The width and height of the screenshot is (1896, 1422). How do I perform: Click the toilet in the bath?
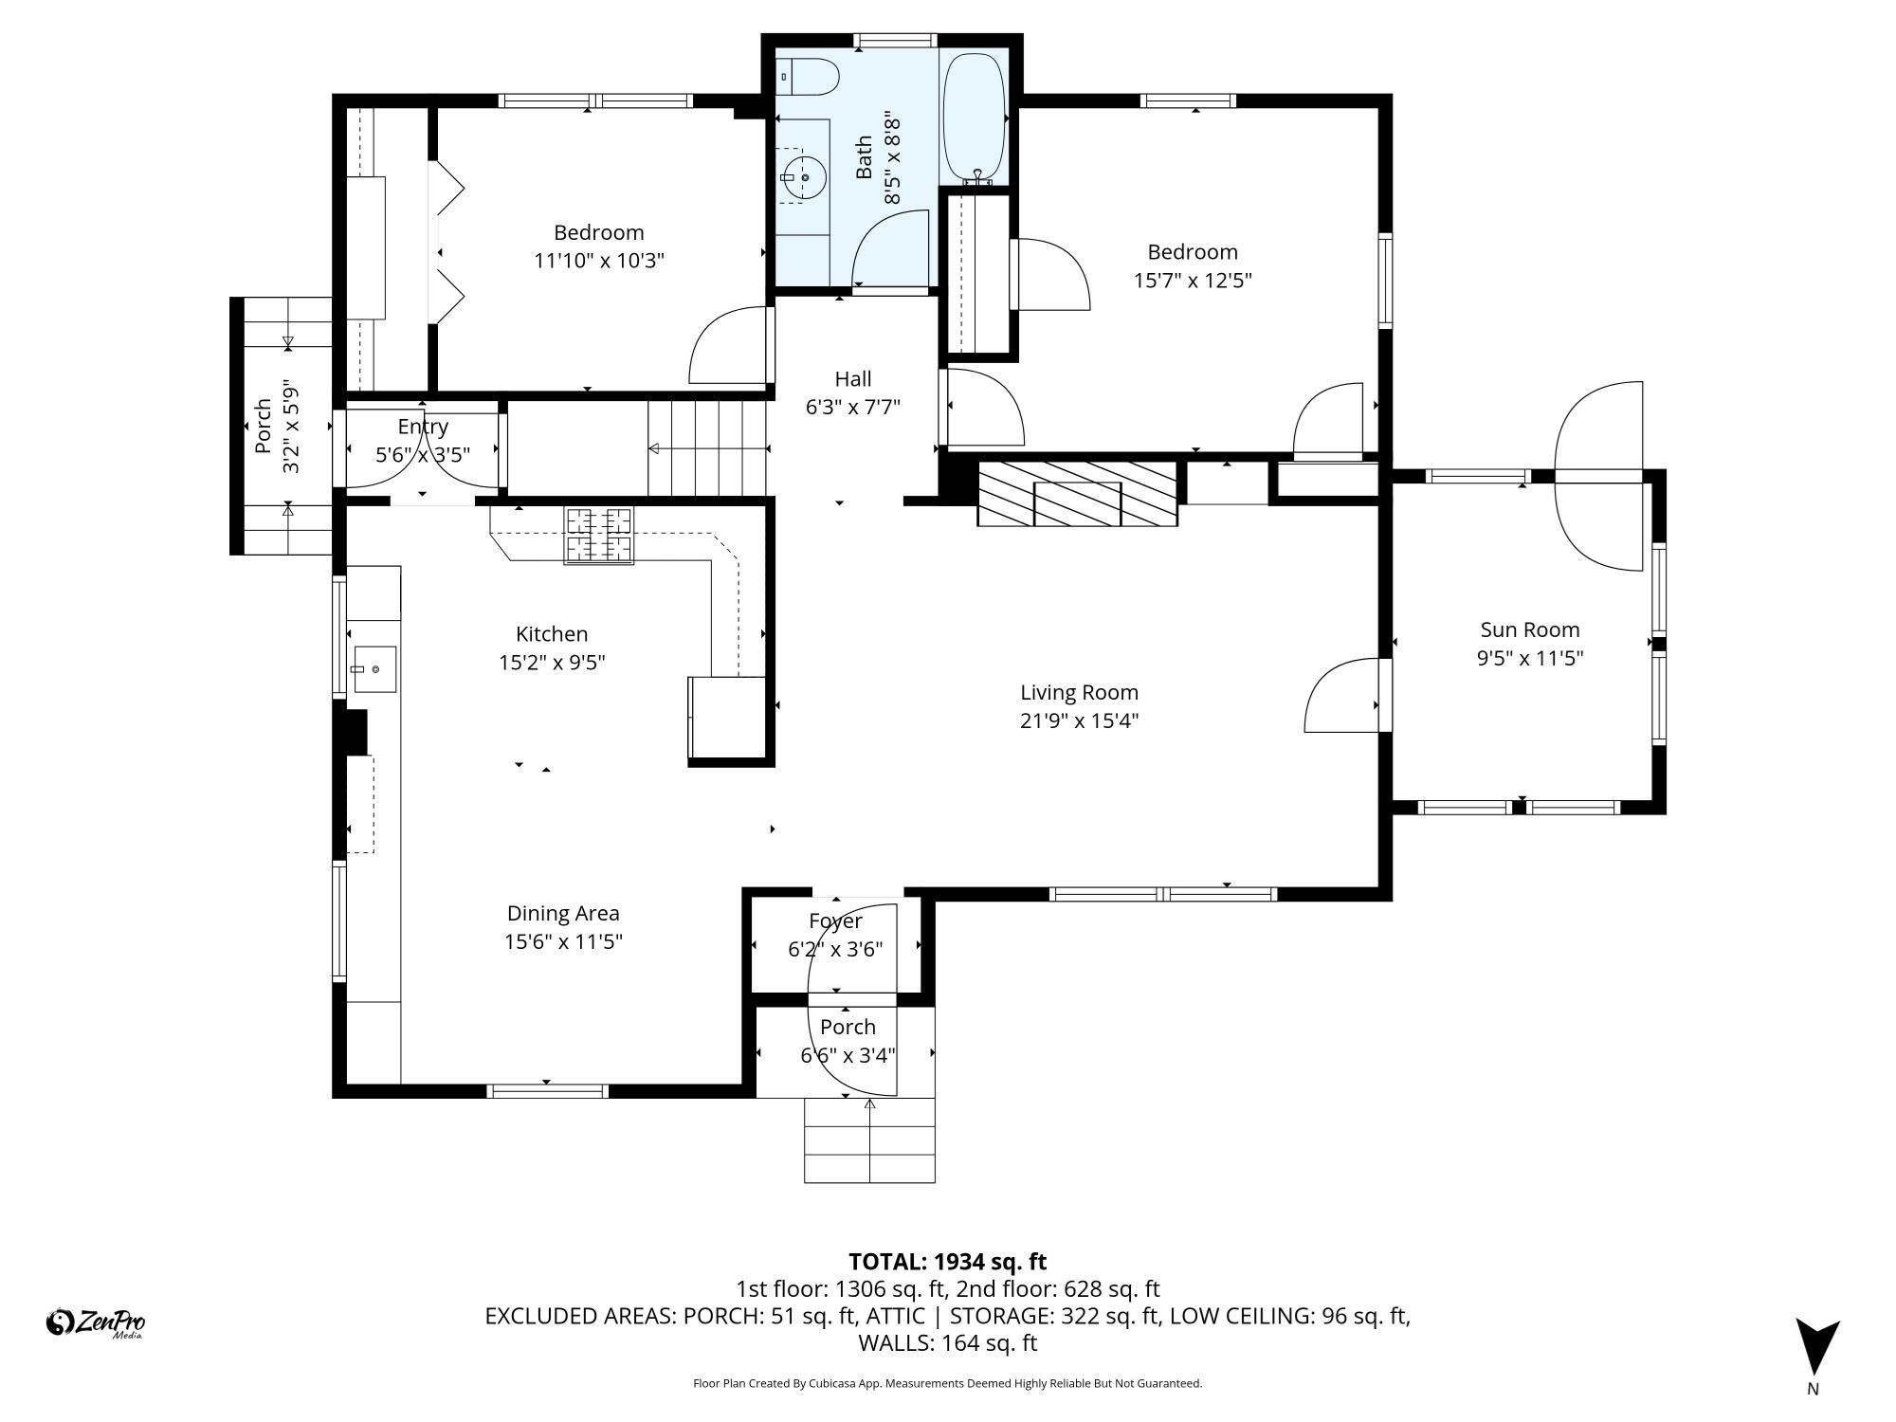click(809, 77)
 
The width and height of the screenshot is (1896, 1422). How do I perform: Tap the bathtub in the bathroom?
click(975, 118)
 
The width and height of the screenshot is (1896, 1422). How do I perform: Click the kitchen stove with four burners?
click(598, 536)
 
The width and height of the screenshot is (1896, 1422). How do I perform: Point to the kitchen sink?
click(374, 669)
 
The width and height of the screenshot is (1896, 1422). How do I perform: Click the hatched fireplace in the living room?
click(1078, 493)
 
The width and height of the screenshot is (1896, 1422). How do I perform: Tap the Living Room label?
click(1079, 693)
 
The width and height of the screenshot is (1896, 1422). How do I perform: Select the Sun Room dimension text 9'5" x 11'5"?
click(1530, 658)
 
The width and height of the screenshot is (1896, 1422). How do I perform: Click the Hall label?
click(853, 379)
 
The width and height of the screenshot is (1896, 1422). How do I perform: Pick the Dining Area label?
click(563, 913)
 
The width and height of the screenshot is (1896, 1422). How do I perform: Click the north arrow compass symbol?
click(1816, 1347)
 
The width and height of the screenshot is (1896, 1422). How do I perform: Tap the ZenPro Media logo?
click(96, 1322)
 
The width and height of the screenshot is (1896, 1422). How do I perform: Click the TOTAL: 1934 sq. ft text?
click(947, 1262)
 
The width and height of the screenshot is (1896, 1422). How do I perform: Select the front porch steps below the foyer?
click(869, 1140)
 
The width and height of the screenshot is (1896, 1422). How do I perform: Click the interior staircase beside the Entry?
click(706, 448)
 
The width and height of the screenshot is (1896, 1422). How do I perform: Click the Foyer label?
click(835, 921)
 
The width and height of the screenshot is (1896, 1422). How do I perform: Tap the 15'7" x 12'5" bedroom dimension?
click(1193, 281)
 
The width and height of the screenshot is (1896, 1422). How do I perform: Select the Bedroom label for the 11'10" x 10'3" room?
click(598, 232)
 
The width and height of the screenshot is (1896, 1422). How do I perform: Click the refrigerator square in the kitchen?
click(726, 717)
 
